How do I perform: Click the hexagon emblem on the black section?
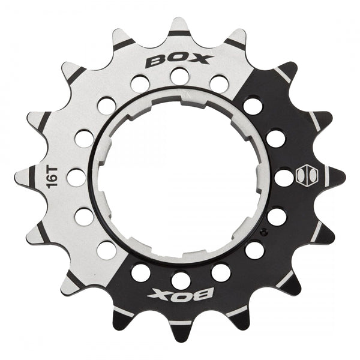tap(304, 177)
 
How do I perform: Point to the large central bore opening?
tap(180, 174)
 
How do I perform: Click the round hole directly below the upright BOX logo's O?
tap(179, 76)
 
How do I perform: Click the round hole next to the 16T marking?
tap(76, 178)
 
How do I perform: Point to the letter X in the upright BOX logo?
tap(202, 59)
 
